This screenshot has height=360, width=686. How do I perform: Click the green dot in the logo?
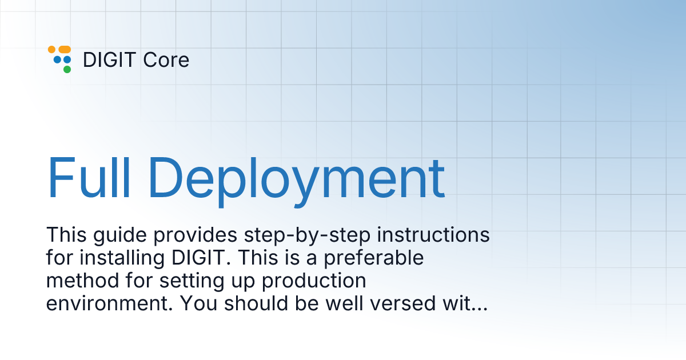click(67, 70)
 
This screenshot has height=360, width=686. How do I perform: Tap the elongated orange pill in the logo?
click(65, 49)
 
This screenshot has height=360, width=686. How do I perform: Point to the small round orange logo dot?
click(52, 49)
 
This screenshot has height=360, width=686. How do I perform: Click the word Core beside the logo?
click(166, 59)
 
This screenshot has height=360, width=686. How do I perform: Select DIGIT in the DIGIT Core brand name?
click(109, 59)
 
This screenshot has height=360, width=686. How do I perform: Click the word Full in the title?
click(89, 178)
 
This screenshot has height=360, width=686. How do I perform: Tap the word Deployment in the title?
click(297, 181)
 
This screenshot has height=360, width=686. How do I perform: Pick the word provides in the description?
click(196, 236)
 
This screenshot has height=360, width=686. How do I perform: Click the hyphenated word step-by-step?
click(307, 236)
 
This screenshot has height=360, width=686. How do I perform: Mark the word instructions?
click(433, 235)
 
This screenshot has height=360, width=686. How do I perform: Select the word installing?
click(122, 259)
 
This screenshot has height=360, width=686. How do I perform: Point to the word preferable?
click(374, 259)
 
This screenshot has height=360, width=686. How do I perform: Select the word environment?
click(110, 303)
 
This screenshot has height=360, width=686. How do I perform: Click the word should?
click(256, 303)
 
